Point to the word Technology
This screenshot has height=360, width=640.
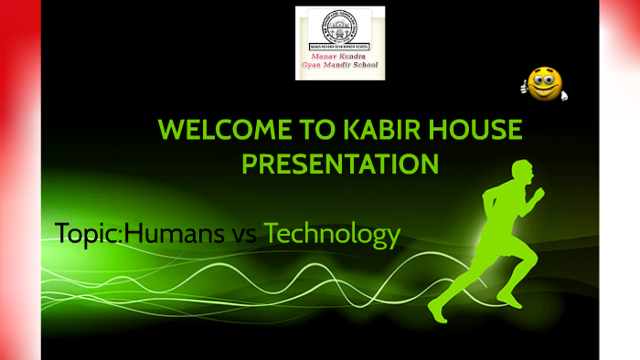tap(332, 235)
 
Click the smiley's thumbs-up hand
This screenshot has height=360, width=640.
tap(527, 89)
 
